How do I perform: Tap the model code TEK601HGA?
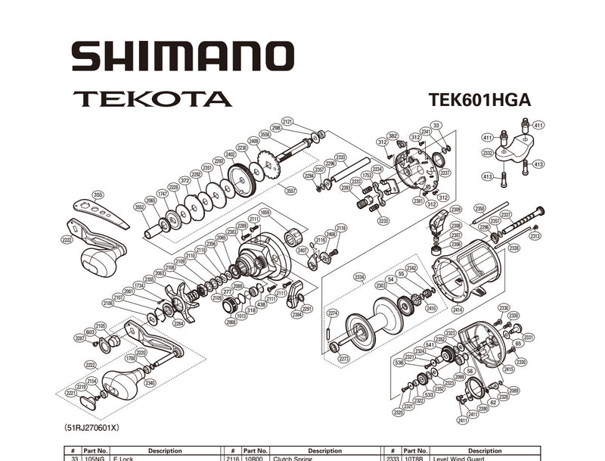[479, 100]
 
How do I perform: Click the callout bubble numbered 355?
[98, 195]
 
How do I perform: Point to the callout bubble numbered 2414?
[457, 310]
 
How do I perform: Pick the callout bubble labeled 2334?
[359, 277]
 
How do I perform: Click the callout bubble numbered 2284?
[178, 324]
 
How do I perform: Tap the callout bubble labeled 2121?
[287, 121]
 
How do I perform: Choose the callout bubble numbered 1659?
[265, 213]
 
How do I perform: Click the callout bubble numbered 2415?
[508, 370]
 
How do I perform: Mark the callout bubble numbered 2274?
[332, 313]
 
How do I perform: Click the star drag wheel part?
[181, 301]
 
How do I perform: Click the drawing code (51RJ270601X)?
[92, 428]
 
